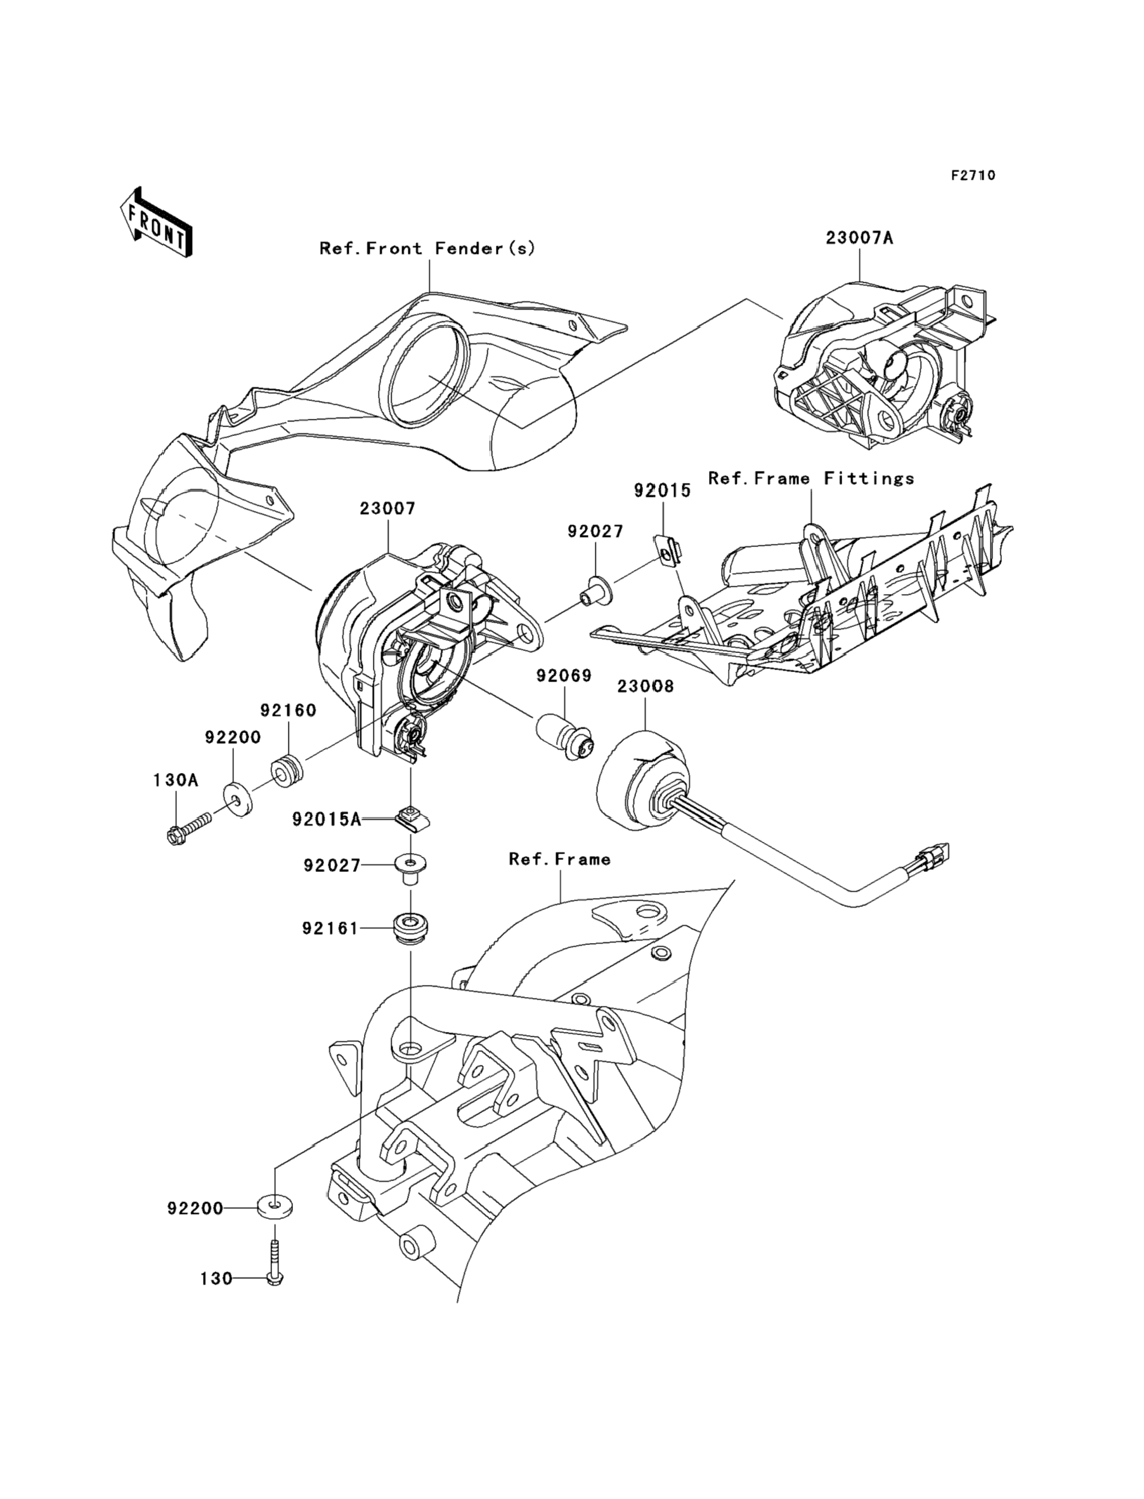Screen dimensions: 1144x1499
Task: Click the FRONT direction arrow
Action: pos(155,223)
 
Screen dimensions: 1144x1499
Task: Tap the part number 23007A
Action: pos(859,238)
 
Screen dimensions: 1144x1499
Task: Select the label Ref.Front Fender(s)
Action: pos(427,249)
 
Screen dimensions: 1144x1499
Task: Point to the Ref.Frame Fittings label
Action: pos(811,479)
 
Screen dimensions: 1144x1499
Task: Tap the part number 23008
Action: pos(645,686)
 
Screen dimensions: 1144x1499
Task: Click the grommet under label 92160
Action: pos(287,770)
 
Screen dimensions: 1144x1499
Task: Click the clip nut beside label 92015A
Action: pos(412,818)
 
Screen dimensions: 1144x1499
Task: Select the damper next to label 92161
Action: pos(412,928)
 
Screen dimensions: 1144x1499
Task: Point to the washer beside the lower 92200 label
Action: pos(275,1206)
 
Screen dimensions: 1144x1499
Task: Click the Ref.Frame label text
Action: pos(560,859)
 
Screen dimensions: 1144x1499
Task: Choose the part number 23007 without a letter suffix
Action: pos(387,508)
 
